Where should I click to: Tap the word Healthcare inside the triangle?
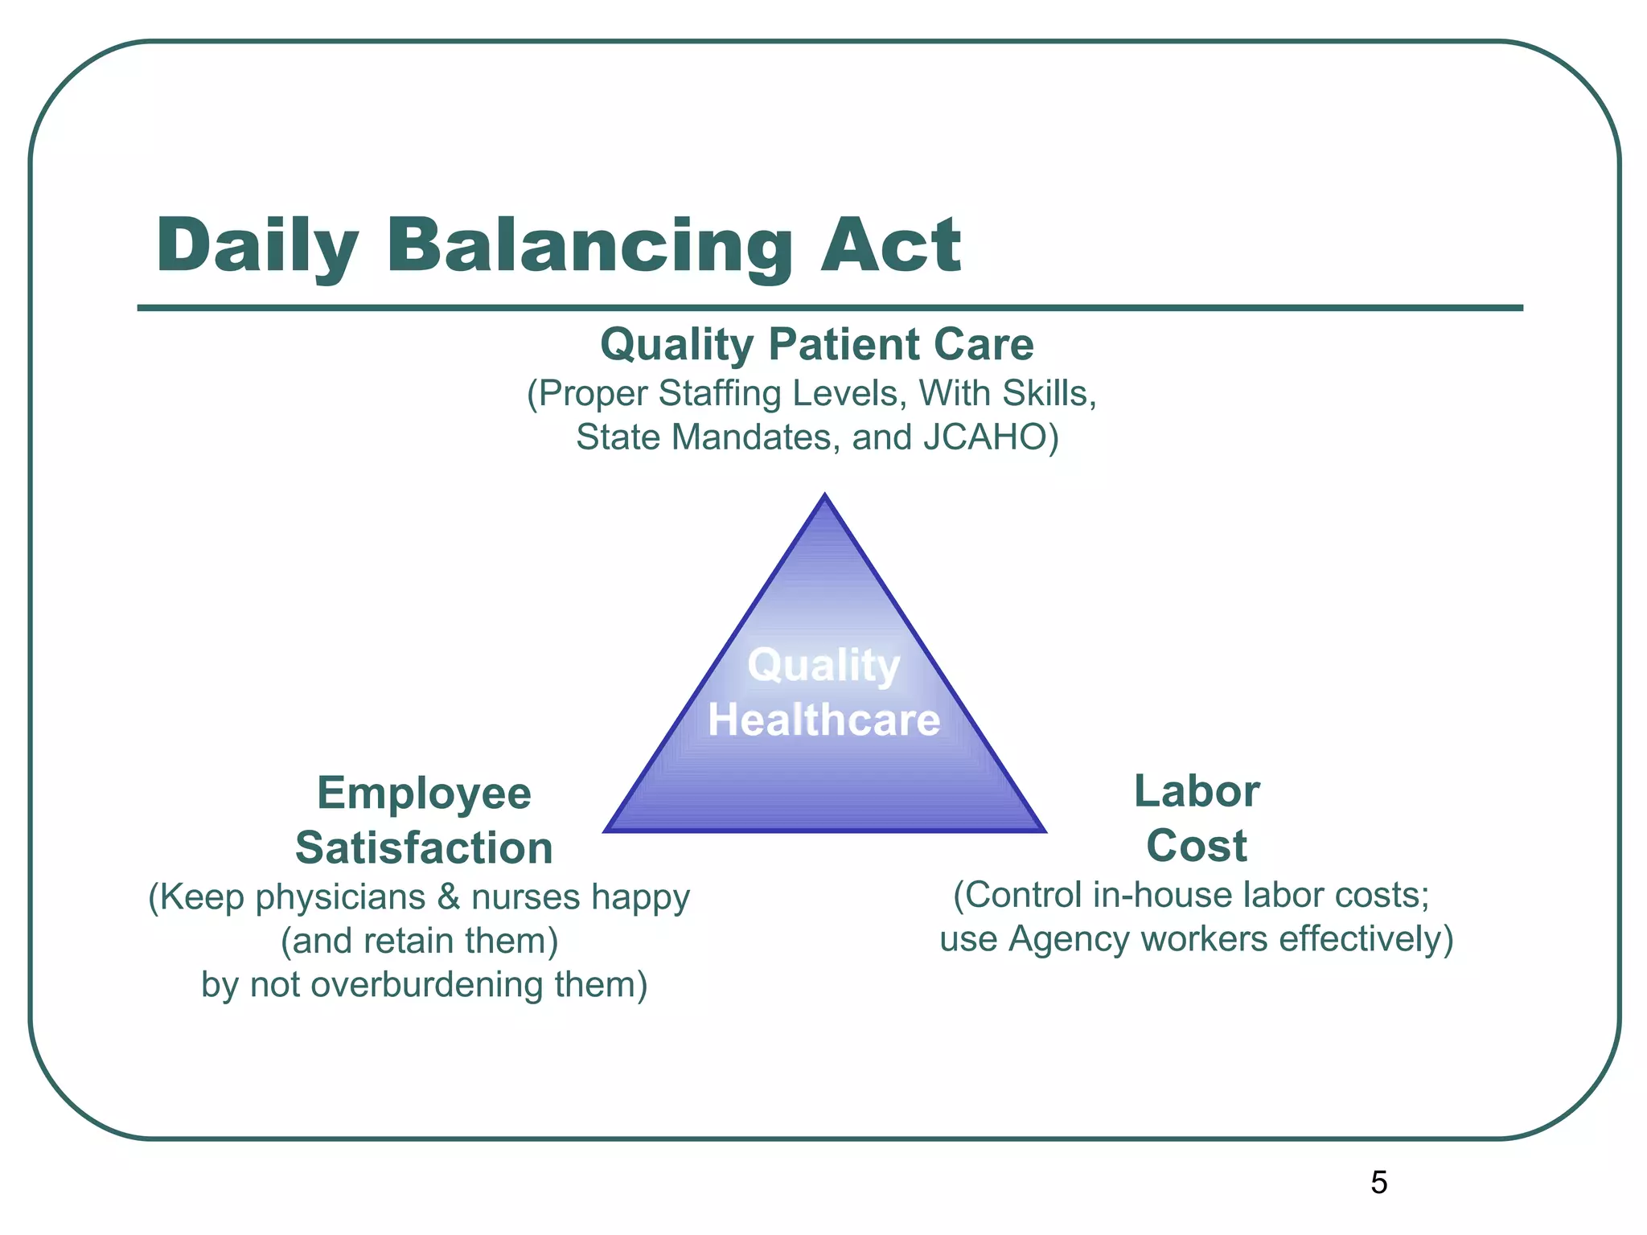point(823,719)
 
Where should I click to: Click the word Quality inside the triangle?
point(823,666)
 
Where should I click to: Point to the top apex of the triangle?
point(824,497)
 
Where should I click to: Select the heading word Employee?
point(424,794)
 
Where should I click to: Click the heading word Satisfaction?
point(424,847)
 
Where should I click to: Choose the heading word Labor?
point(1196,791)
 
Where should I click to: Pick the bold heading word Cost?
point(1196,845)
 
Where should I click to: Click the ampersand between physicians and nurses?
point(448,897)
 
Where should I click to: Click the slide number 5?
point(1378,1182)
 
